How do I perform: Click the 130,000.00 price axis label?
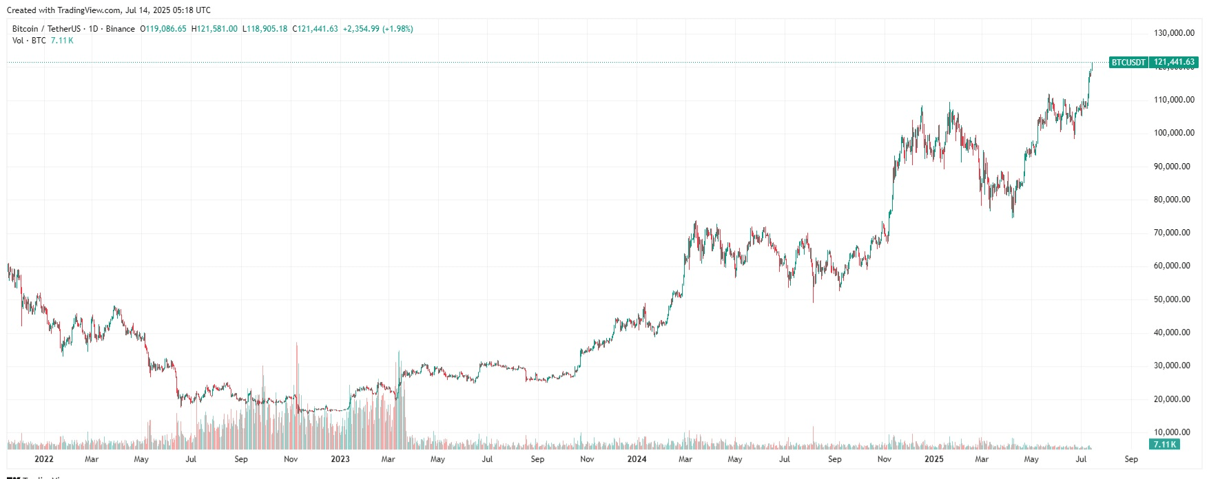(1174, 33)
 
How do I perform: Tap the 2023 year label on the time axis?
(340, 459)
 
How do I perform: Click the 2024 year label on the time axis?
(637, 459)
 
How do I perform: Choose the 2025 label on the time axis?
(933, 459)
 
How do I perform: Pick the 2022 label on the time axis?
(43, 459)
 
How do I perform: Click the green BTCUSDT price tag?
(1128, 62)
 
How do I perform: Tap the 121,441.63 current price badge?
(1174, 62)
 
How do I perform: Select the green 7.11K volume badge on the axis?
(1164, 445)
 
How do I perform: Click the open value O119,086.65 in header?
(163, 29)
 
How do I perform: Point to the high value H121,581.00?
(214, 29)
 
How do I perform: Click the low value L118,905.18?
(265, 29)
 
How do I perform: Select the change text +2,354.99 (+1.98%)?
(378, 29)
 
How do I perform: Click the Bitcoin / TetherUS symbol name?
(46, 29)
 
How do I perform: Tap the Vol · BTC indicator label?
(29, 41)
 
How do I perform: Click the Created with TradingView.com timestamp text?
(109, 10)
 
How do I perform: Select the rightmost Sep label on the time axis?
(1130, 459)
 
